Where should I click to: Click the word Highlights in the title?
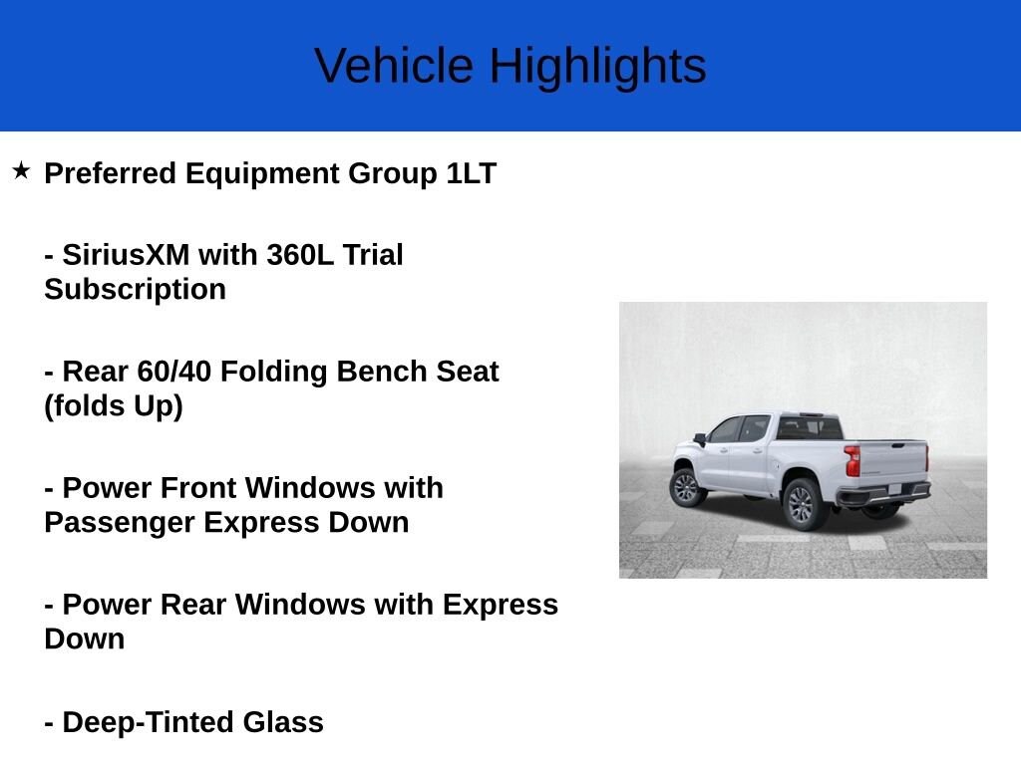click(596, 68)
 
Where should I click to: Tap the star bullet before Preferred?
click(21, 171)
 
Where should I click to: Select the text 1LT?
click(470, 173)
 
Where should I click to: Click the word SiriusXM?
click(126, 255)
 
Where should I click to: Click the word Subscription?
click(135, 290)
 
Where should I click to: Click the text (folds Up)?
click(114, 406)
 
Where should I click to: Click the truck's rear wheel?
click(802, 503)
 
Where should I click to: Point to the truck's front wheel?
click(685, 487)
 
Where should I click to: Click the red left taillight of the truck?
click(851, 461)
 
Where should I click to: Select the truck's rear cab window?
click(810, 428)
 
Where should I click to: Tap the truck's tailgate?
click(892, 462)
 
